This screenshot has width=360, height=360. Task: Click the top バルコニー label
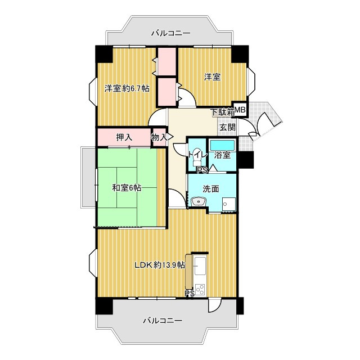click(x=170, y=34)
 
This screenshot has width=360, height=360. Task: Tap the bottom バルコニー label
click(x=163, y=320)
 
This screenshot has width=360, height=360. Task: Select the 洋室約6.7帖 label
click(x=127, y=88)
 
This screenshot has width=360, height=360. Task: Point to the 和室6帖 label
click(x=127, y=188)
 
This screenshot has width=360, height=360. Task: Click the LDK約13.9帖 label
click(x=160, y=265)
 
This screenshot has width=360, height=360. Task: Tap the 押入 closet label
click(x=124, y=137)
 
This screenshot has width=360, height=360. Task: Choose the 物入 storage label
click(x=159, y=137)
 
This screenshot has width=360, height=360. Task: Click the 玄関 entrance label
click(x=227, y=127)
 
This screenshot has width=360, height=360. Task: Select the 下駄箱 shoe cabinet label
click(x=223, y=112)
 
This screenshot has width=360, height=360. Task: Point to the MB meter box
click(x=240, y=110)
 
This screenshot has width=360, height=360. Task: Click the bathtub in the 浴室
click(x=223, y=145)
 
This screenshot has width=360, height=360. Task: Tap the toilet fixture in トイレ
click(x=197, y=158)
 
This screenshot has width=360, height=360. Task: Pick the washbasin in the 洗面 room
click(x=199, y=201)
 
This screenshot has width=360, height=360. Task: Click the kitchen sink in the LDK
click(x=200, y=265)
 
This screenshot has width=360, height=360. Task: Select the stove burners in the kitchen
click(x=200, y=289)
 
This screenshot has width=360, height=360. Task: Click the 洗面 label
click(x=211, y=189)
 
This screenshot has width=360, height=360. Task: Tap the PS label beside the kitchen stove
click(x=190, y=294)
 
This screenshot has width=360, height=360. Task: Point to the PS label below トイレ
click(x=202, y=170)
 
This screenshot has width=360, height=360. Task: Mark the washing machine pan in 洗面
click(x=229, y=204)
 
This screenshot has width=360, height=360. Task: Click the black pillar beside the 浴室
click(x=246, y=160)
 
